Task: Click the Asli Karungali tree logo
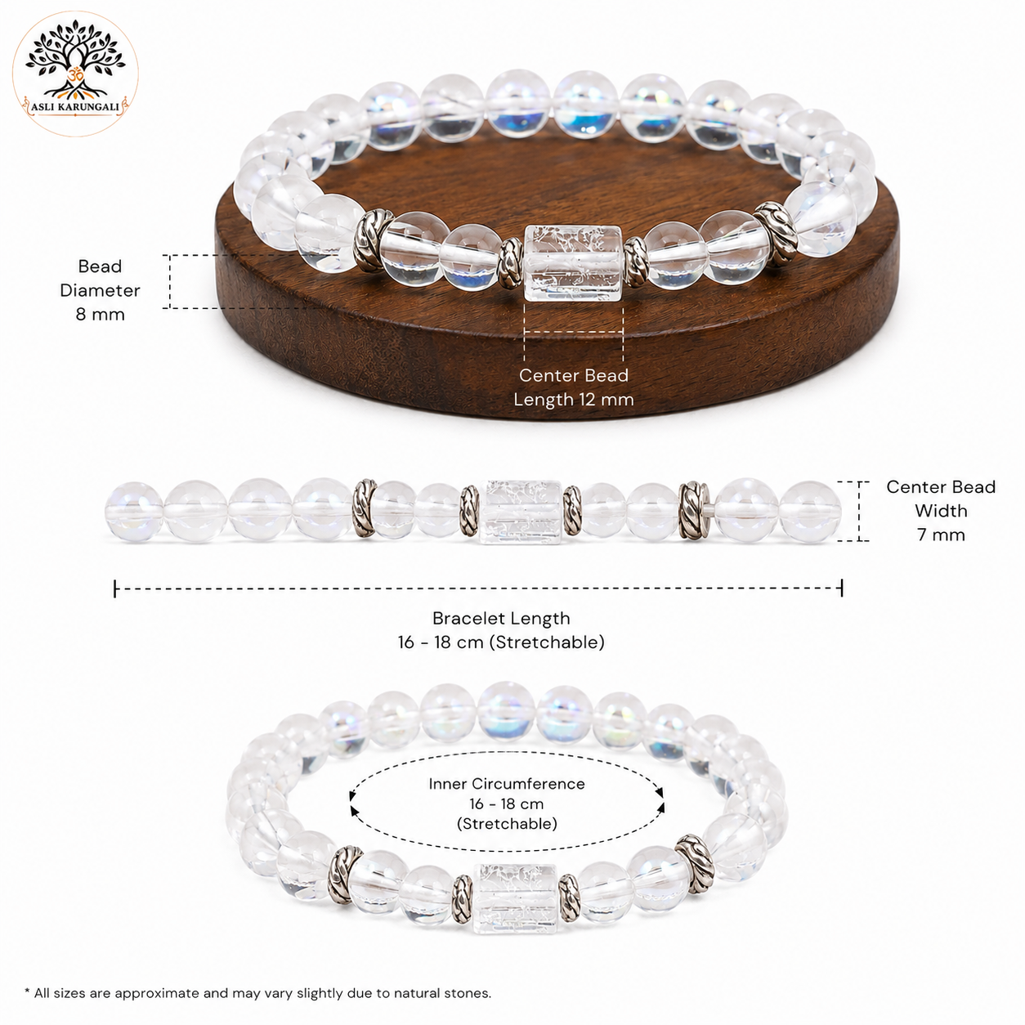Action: (75, 74)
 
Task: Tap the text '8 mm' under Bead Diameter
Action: (100, 315)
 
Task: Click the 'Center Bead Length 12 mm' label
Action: (574, 387)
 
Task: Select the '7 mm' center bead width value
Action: (941, 535)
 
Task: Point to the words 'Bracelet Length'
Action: (501, 618)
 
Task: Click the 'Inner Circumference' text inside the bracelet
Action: (507, 784)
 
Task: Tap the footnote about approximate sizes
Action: (258, 993)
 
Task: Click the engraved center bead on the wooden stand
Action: (574, 264)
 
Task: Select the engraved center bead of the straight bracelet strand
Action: (521, 512)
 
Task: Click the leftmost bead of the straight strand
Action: (133, 512)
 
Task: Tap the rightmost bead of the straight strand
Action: (810, 511)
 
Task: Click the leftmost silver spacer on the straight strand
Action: (365, 508)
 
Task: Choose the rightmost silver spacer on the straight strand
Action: (694, 511)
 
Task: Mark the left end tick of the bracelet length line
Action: (115, 589)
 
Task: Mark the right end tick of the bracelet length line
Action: (841, 589)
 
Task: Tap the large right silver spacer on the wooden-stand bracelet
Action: (775, 235)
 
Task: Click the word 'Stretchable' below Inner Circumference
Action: (507, 824)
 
